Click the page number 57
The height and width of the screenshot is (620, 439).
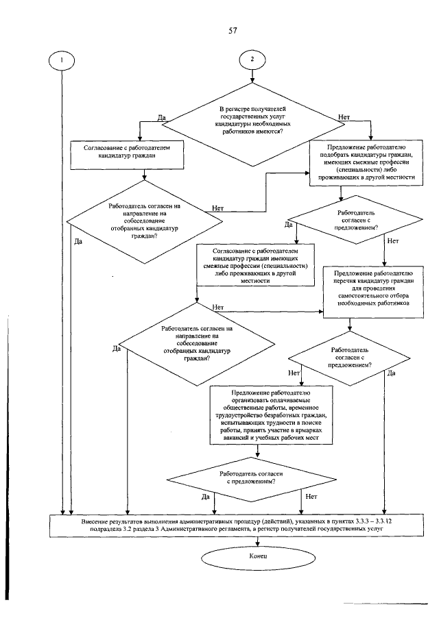click(233, 30)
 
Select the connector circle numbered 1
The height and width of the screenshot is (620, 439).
click(61, 61)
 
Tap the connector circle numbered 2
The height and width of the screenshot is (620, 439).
click(252, 60)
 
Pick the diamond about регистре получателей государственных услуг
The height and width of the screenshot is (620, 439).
click(253, 124)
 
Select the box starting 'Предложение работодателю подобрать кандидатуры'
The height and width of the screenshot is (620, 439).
click(366, 162)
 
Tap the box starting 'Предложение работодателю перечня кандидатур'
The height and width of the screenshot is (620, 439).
click(373, 292)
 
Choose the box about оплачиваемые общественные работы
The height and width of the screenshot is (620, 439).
click(271, 415)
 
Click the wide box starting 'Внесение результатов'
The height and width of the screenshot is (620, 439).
click(237, 526)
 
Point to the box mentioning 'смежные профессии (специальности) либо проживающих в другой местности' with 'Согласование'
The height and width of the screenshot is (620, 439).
click(256, 264)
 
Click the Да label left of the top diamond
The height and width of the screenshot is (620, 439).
click(161, 118)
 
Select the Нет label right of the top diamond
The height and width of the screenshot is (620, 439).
click(344, 117)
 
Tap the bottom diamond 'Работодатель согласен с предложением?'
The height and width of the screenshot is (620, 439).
click(252, 480)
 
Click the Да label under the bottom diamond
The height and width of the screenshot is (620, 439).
click(206, 497)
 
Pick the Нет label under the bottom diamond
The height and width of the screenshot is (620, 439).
click(311, 497)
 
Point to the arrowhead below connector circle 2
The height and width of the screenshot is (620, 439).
click(252, 80)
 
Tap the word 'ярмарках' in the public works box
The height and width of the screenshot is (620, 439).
click(311, 430)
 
